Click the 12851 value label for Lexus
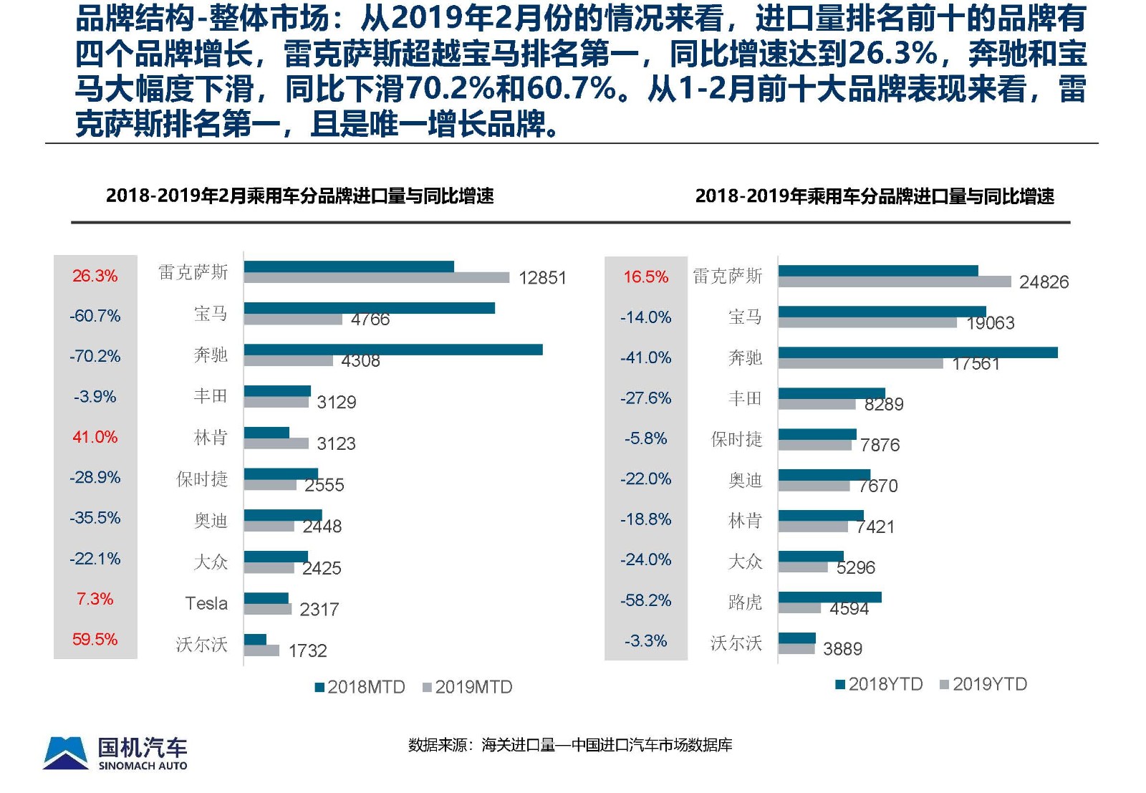point(542,278)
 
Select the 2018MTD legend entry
point(360,687)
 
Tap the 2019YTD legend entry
point(983,684)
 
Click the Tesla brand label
point(206,603)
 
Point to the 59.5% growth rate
point(95,639)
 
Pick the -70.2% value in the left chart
point(95,356)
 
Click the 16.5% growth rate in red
point(645,277)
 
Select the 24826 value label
point(1044,282)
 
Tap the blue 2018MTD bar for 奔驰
point(393,350)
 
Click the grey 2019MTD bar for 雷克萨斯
point(376,277)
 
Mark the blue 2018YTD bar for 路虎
point(829,597)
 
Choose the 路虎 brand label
point(745,602)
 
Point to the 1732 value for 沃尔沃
point(307,650)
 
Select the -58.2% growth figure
point(645,600)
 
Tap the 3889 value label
point(842,649)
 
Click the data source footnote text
point(570,745)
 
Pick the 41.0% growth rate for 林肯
point(95,437)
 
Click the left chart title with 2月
point(299,196)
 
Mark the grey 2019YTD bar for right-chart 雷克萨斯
point(894,282)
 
